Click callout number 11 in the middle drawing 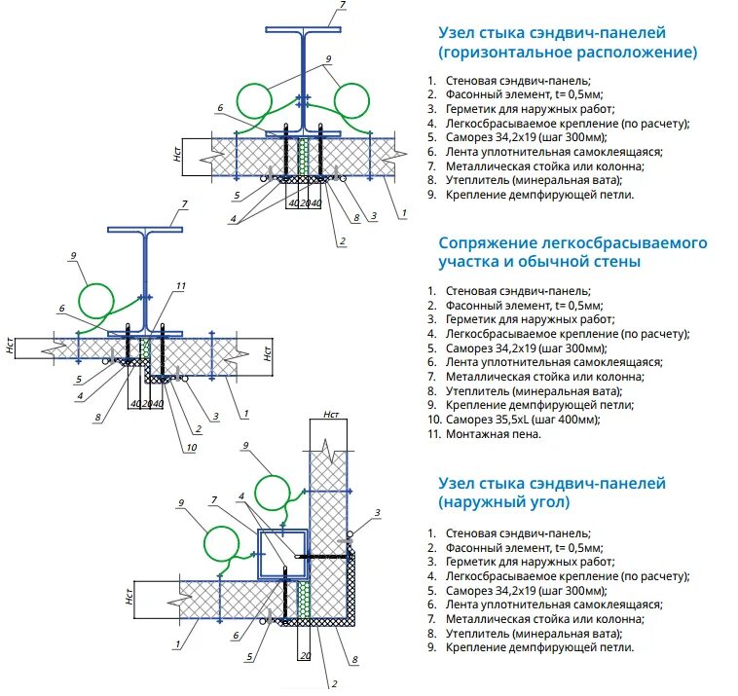click(180, 286)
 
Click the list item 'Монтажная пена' click(493, 434)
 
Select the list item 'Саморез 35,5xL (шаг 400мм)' click(523, 420)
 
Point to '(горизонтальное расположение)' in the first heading click(568, 52)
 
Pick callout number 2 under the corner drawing click(334, 684)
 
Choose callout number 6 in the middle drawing click(61, 309)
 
